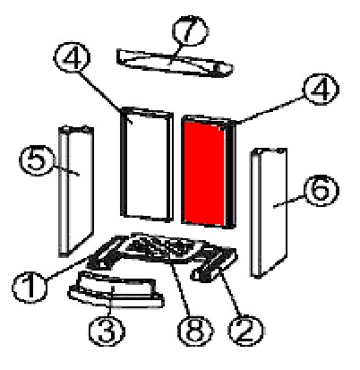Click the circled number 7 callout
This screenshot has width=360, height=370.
[x=190, y=30]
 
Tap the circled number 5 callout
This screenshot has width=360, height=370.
[x=38, y=160]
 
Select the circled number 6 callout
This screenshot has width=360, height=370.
[x=321, y=190]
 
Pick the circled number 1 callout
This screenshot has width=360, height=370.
[x=30, y=288]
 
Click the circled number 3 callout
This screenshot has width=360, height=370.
[x=107, y=331]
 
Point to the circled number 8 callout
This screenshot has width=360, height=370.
[x=195, y=331]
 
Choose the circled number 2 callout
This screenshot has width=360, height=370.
[x=245, y=331]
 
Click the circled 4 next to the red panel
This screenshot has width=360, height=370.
[x=321, y=89]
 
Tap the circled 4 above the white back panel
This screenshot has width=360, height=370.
[x=72, y=57]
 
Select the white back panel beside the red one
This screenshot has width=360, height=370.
[x=147, y=164]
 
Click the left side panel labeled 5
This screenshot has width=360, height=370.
[x=76, y=191]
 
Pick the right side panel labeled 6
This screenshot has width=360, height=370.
[x=269, y=212]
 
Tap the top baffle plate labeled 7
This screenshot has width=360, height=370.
[x=175, y=63]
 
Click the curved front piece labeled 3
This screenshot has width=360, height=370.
[x=116, y=289]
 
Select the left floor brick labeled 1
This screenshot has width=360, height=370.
[x=105, y=253]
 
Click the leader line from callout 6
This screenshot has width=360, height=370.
[x=289, y=201]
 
